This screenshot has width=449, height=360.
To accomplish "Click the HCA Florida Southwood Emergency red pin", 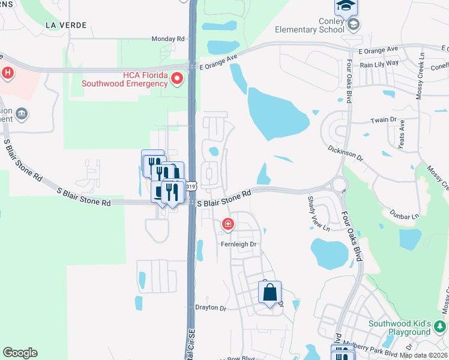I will (177, 79).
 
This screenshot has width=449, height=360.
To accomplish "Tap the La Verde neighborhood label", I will (66, 25).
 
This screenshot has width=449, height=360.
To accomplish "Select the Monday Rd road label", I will (167, 38).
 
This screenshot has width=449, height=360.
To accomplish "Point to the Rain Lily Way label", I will (379, 62).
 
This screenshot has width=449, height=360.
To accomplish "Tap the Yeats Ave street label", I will (403, 133).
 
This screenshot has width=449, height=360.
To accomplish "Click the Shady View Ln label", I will (318, 214).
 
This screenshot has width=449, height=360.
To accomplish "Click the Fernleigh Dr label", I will (238, 244).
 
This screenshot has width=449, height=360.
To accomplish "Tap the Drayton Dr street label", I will (210, 308).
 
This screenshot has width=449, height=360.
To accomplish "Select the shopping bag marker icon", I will (270, 293).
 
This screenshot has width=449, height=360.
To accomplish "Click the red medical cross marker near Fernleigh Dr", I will (228, 225).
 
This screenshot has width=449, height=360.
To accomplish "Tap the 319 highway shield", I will (191, 187).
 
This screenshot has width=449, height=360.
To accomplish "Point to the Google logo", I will (20, 353).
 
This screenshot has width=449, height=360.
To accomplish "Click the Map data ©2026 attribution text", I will (424, 355).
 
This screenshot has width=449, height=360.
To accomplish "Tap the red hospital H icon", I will (7, 74).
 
